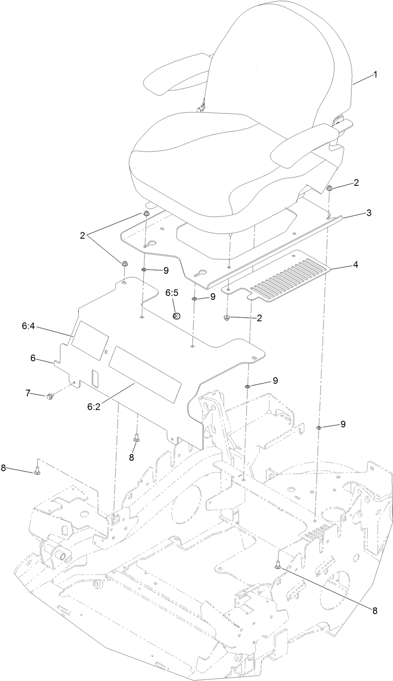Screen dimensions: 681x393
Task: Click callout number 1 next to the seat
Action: point(375,75)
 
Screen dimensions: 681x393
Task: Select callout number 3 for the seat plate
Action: point(369,213)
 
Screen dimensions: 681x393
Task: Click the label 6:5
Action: point(172,292)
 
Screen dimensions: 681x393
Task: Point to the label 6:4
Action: point(29,327)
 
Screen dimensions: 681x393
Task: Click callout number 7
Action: point(29,392)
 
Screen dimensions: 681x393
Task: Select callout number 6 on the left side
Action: point(33,358)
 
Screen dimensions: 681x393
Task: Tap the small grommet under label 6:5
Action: point(176,316)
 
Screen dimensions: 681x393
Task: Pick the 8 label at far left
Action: point(4,468)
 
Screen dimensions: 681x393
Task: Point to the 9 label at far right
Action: point(343,424)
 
